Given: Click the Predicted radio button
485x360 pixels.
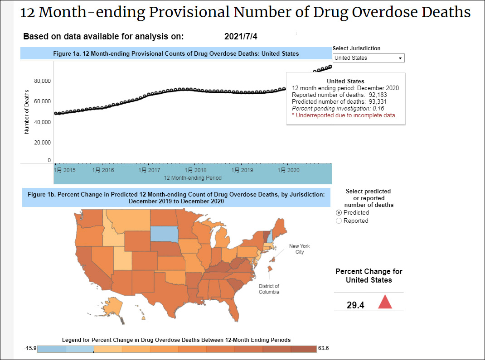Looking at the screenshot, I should click(339, 213).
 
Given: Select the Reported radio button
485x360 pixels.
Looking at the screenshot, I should click(339, 221).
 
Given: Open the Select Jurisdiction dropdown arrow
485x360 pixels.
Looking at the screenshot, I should click(400, 58).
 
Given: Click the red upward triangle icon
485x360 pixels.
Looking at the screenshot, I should click(385, 302).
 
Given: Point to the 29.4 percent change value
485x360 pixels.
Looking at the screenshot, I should click(355, 305).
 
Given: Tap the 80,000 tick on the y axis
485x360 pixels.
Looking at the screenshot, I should click(43, 81).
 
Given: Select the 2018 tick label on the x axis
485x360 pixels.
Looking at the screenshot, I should click(194, 170).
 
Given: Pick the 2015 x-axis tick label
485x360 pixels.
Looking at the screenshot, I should click(64, 170).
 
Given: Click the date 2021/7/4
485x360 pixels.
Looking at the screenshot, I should click(244, 37).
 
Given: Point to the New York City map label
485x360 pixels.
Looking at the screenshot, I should click(300, 249).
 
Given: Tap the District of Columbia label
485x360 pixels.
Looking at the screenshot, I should click(269, 289).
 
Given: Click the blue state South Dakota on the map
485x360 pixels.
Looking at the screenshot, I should click(165, 234).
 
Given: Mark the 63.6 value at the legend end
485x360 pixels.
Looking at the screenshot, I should click(324, 348).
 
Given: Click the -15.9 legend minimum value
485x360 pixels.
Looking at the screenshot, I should click(30, 348).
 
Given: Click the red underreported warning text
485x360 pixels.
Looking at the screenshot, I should click(344, 115).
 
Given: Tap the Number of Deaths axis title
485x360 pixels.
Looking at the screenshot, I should click(27, 111).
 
